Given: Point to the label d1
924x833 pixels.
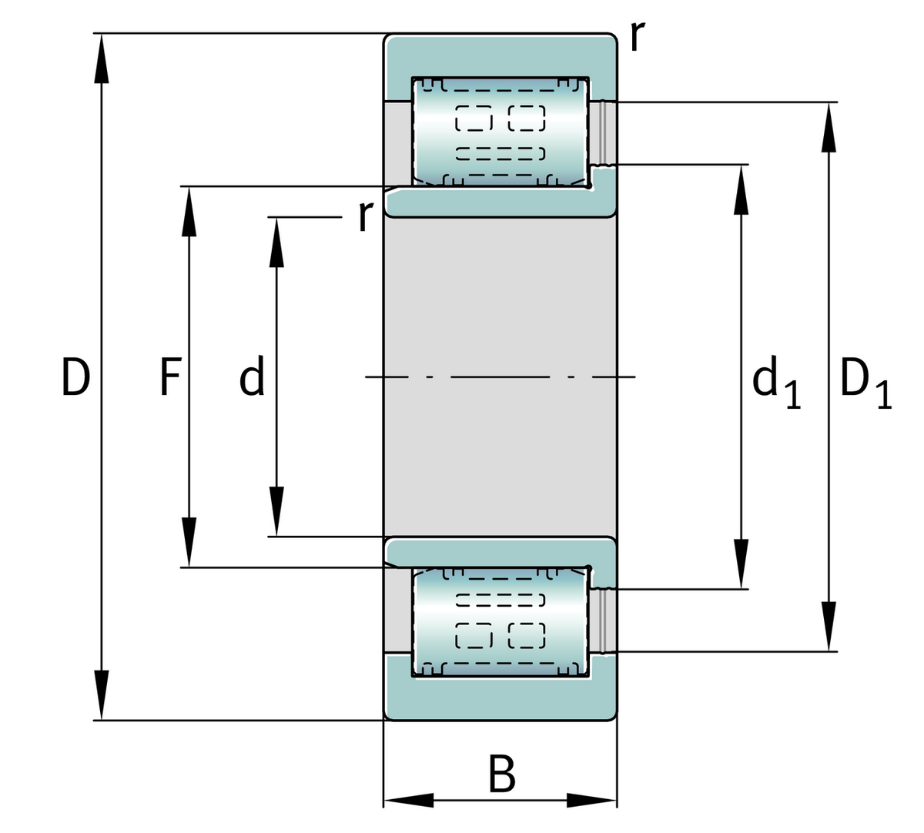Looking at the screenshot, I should pyautogui.click(x=776, y=383).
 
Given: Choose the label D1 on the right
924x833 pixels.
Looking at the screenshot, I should pyautogui.click(x=865, y=383).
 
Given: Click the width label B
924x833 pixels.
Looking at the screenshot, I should pyautogui.click(x=501, y=775).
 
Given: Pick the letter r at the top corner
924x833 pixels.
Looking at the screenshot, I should pyautogui.click(x=636, y=36).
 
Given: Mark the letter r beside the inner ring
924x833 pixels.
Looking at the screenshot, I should pyautogui.click(x=365, y=216).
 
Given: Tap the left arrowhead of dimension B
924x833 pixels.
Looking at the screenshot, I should pyautogui.click(x=408, y=801).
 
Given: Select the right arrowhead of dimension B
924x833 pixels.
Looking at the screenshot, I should pyautogui.click(x=593, y=801).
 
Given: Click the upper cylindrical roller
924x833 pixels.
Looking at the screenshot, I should pyautogui.click(x=500, y=131).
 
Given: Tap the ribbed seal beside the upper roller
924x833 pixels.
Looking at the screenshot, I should pyautogui.click(x=603, y=132).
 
